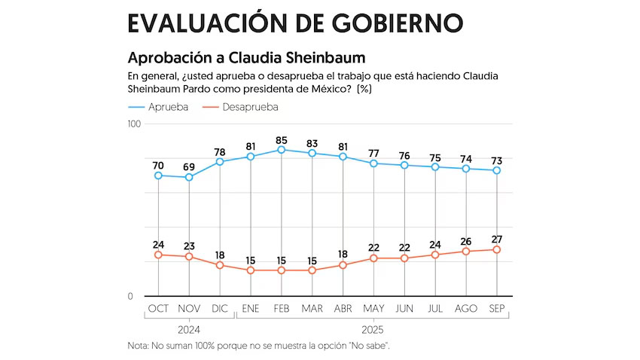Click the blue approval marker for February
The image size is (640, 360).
(x=281, y=150)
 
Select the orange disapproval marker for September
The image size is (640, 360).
(x=497, y=249)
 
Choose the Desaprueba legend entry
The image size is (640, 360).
(x=241, y=107)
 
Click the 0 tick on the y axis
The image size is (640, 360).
(x=130, y=296)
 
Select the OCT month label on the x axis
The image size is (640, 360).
(x=158, y=309)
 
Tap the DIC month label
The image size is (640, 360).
(x=220, y=309)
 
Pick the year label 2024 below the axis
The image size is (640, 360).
(x=189, y=329)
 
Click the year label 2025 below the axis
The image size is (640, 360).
(x=373, y=329)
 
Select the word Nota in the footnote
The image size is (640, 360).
(x=139, y=346)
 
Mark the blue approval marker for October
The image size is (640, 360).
(x=158, y=175)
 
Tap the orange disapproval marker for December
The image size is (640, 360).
(x=220, y=265)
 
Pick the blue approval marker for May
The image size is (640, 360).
(x=373, y=163)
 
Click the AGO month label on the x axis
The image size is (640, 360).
(x=466, y=309)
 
